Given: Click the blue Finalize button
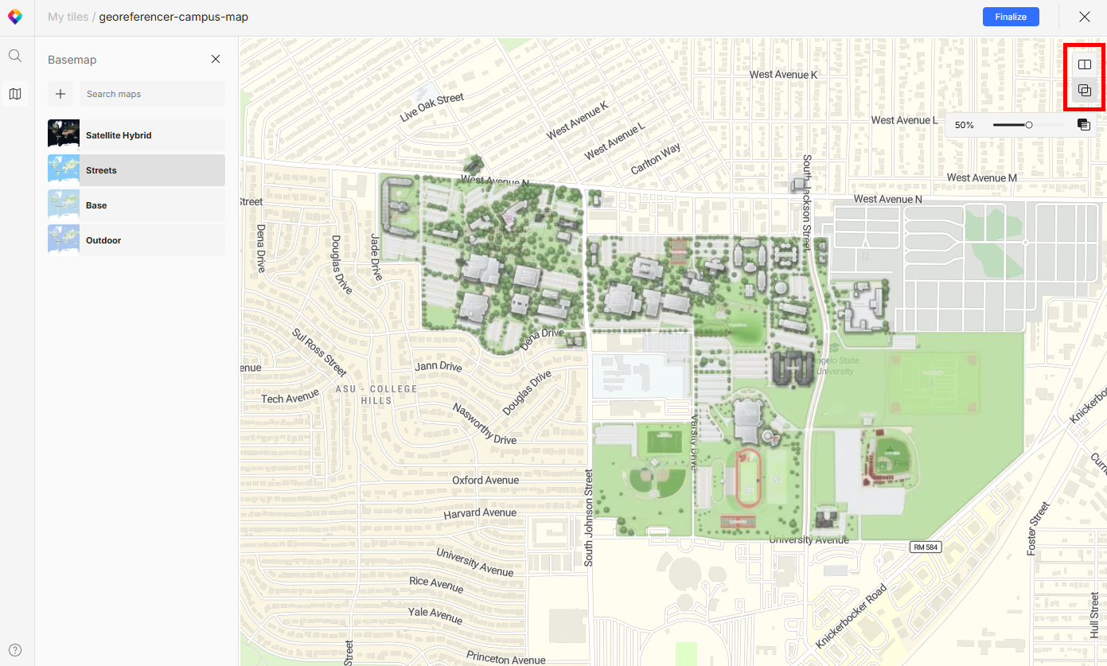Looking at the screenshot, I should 1011,17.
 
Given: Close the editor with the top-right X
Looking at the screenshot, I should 1084,17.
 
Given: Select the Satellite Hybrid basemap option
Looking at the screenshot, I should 136,135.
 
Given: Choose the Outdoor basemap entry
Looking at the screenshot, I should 136,240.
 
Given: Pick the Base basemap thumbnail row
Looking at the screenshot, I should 136,205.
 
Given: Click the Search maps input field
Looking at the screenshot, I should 151,94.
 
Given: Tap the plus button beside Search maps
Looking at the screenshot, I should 60,94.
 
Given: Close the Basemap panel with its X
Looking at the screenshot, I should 216,59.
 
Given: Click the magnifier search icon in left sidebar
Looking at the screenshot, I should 15,56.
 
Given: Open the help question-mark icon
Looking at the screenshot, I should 15,649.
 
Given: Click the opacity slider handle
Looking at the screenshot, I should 1029,125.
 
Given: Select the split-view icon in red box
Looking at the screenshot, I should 1084,64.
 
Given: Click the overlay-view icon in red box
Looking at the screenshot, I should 1084,91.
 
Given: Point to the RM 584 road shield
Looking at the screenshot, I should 926,547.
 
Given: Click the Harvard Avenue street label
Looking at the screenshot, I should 480,513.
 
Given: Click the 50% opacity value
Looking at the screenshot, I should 965,125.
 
